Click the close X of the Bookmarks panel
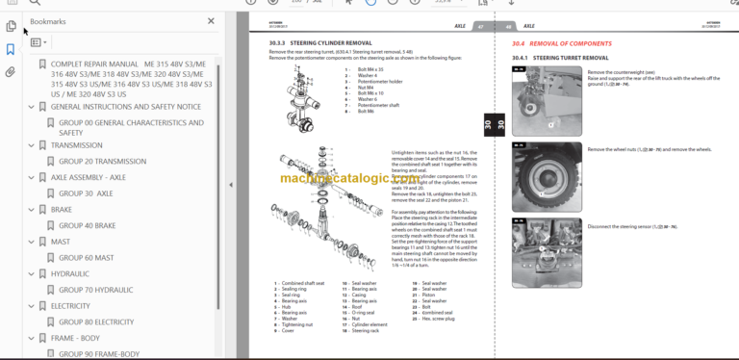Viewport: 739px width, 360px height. click(x=212, y=20)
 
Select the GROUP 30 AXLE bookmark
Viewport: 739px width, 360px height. click(x=86, y=193)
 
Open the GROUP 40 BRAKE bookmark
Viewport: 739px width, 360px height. click(x=87, y=225)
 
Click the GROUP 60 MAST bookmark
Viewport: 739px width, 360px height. click(x=86, y=257)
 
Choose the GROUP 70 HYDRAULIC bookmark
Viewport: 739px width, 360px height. click(x=95, y=289)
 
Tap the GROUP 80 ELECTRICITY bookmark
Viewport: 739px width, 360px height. click(x=96, y=321)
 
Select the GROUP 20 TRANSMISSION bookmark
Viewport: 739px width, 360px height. click(x=102, y=161)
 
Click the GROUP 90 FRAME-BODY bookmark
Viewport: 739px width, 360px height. click(x=99, y=353)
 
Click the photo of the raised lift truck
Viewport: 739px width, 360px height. click(x=546, y=103)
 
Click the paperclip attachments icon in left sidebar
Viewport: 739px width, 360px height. click(x=10, y=71)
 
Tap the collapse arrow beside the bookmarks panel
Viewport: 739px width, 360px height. click(x=230, y=185)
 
